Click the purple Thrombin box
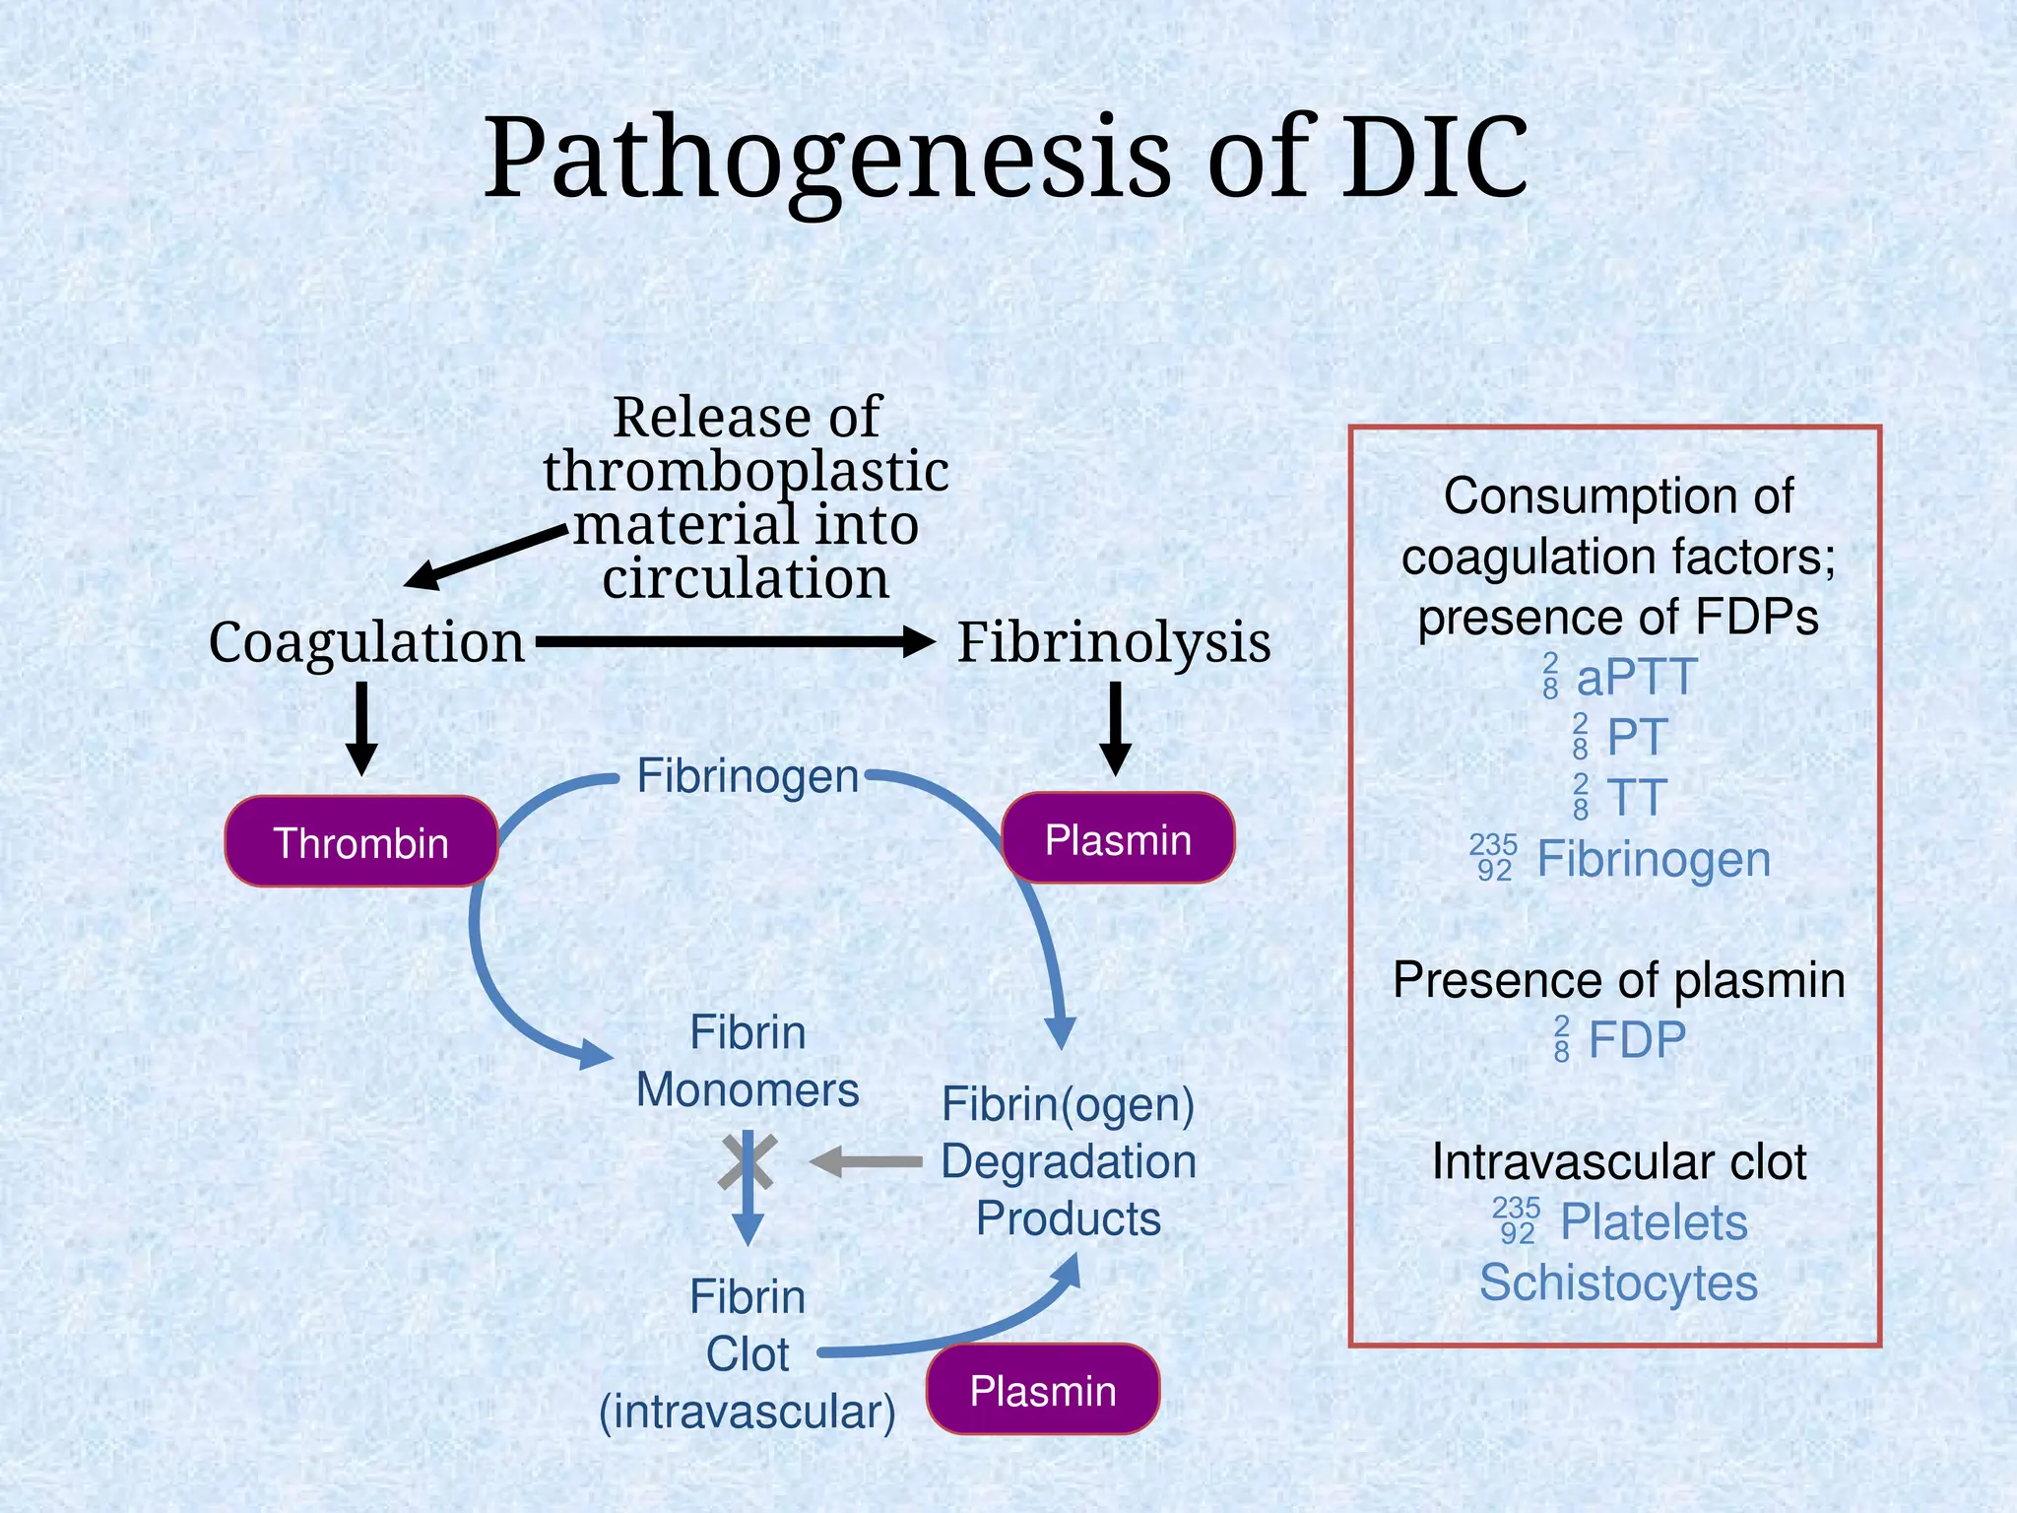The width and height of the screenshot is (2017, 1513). pyautogui.click(x=360, y=842)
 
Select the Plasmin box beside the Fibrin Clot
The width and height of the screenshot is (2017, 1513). pyautogui.click(x=1042, y=1390)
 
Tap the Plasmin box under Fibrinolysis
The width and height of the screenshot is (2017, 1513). pyautogui.click(x=1118, y=838)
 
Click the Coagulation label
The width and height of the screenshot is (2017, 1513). pyautogui.click(x=366, y=642)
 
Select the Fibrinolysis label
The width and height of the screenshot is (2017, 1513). pyautogui.click(x=1114, y=642)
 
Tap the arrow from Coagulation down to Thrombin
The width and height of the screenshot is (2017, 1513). pyautogui.click(x=361, y=729)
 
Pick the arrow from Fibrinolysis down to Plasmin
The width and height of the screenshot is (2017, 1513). pyautogui.click(x=1115, y=729)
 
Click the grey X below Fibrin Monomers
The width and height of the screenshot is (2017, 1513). pyautogui.click(x=748, y=1162)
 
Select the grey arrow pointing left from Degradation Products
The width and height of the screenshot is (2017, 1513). pyautogui.click(x=865, y=1162)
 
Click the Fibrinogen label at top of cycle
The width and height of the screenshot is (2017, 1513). pyautogui.click(x=748, y=776)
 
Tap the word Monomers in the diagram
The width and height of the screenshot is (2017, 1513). pyautogui.click(x=748, y=1090)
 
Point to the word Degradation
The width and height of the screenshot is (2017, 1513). pyautogui.click(x=1069, y=1161)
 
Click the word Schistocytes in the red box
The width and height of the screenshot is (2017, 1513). pyautogui.click(x=1618, y=1283)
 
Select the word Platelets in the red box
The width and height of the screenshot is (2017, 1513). pyautogui.click(x=1654, y=1222)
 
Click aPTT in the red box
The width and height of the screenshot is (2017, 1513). pyautogui.click(x=1635, y=678)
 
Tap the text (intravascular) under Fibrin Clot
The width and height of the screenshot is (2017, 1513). pyautogui.click(x=748, y=1412)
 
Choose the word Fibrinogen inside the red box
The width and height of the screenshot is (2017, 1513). pyautogui.click(x=1654, y=859)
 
